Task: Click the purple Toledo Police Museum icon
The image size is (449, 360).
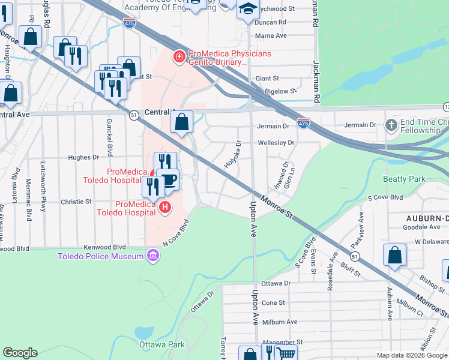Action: click(153, 257)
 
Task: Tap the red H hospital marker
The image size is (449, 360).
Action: click(164, 208)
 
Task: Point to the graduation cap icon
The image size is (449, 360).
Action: click(247, 9)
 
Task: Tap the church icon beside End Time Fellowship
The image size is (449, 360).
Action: click(391, 126)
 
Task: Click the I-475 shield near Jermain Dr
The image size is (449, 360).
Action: click(303, 122)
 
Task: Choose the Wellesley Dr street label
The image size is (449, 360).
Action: click(276, 143)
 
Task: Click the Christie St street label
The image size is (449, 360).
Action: click(76, 202)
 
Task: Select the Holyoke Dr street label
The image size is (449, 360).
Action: click(232, 154)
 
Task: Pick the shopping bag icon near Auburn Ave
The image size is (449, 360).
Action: click(396, 254)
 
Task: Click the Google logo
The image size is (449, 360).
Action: click(19, 353)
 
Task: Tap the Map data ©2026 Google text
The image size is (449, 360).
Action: click(411, 355)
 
